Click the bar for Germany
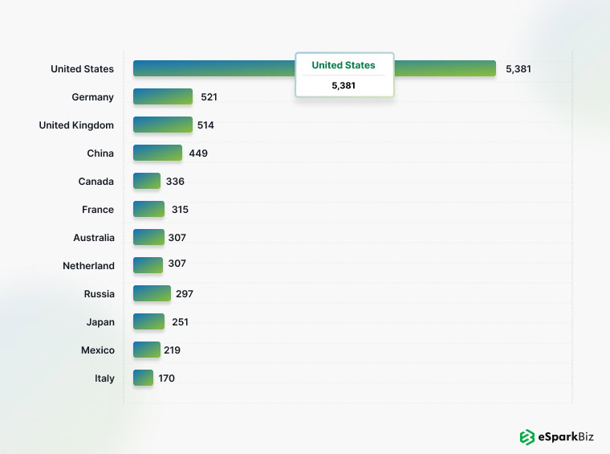pos(163,96)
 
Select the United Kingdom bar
pos(163,125)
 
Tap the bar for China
pos(157,153)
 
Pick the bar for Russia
pos(152,293)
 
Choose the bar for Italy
pos(143,378)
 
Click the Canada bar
pos(147,181)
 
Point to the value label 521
pos(209,97)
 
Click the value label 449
pos(198,153)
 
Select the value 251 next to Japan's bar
pos(180,322)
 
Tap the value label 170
pos(166,378)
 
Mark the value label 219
pos(172,350)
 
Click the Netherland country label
pos(88,266)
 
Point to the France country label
pos(98,210)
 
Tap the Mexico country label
pos(97,350)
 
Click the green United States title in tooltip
pos(344,65)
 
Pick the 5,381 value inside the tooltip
pos(344,85)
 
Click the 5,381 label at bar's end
pos(518,69)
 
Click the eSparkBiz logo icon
pos(527,437)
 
